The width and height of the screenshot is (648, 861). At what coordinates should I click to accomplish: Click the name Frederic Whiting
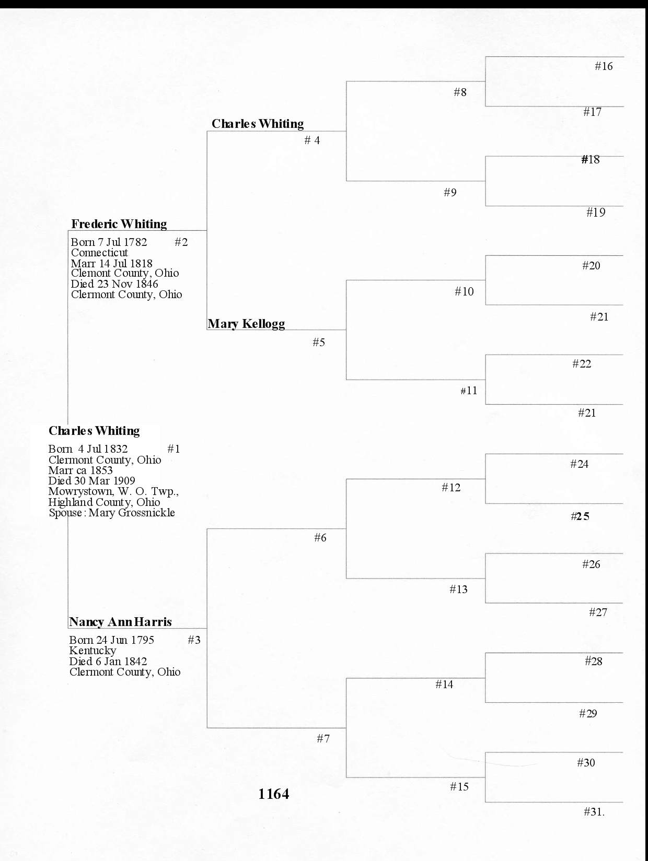click(x=119, y=224)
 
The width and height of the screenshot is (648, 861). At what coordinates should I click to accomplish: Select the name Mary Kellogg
click(x=246, y=324)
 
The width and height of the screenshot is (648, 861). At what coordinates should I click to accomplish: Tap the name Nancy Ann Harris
click(x=120, y=622)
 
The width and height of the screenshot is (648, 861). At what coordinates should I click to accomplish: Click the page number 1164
click(x=273, y=794)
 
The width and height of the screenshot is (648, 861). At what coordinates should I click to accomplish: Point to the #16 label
click(x=604, y=66)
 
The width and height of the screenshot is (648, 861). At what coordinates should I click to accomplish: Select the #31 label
click(x=594, y=812)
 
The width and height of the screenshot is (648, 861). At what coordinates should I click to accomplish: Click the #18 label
click(x=591, y=160)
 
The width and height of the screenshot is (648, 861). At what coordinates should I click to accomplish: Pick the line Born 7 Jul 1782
click(x=109, y=242)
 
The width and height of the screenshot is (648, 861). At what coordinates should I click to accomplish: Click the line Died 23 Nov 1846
click(x=114, y=284)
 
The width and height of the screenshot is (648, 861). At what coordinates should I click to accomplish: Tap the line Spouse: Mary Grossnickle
click(x=112, y=513)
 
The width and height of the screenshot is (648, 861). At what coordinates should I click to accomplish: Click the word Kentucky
click(x=92, y=651)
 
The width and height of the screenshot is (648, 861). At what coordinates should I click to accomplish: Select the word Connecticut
click(x=99, y=253)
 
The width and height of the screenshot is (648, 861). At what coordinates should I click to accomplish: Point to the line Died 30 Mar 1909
click(x=91, y=481)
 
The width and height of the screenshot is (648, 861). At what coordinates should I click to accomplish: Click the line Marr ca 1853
click(x=80, y=470)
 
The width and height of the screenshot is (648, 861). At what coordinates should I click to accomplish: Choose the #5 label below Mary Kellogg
click(x=319, y=343)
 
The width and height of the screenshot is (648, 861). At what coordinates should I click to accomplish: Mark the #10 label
click(x=464, y=291)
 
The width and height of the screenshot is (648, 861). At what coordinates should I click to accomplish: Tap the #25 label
click(x=580, y=516)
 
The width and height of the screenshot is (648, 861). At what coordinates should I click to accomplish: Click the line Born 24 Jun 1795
click(x=111, y=640)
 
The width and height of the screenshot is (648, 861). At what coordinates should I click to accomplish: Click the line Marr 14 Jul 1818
click(x=112, y=264)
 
